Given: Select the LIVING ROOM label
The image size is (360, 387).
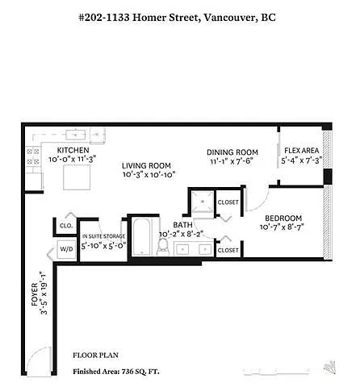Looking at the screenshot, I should click(x=149, y=164).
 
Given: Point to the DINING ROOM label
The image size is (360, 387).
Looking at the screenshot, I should click(x=232, y=152).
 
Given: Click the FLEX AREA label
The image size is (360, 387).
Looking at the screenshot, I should click(x=300, y=151).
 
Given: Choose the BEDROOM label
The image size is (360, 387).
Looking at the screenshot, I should click(x=283, y=218).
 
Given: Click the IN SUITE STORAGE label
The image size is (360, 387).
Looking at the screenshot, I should click(x=103, y=237).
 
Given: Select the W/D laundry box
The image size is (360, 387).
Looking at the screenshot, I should click(x=65, y=250).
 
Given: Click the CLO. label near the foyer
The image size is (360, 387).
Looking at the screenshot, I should click(x=65, y=227).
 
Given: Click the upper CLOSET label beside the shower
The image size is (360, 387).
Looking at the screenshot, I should click(x=228, y=202).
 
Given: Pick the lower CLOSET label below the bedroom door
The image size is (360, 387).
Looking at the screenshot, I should click(x=228, y=250).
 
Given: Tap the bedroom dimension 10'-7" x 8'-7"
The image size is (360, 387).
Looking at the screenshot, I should click(x=283, y=228).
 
